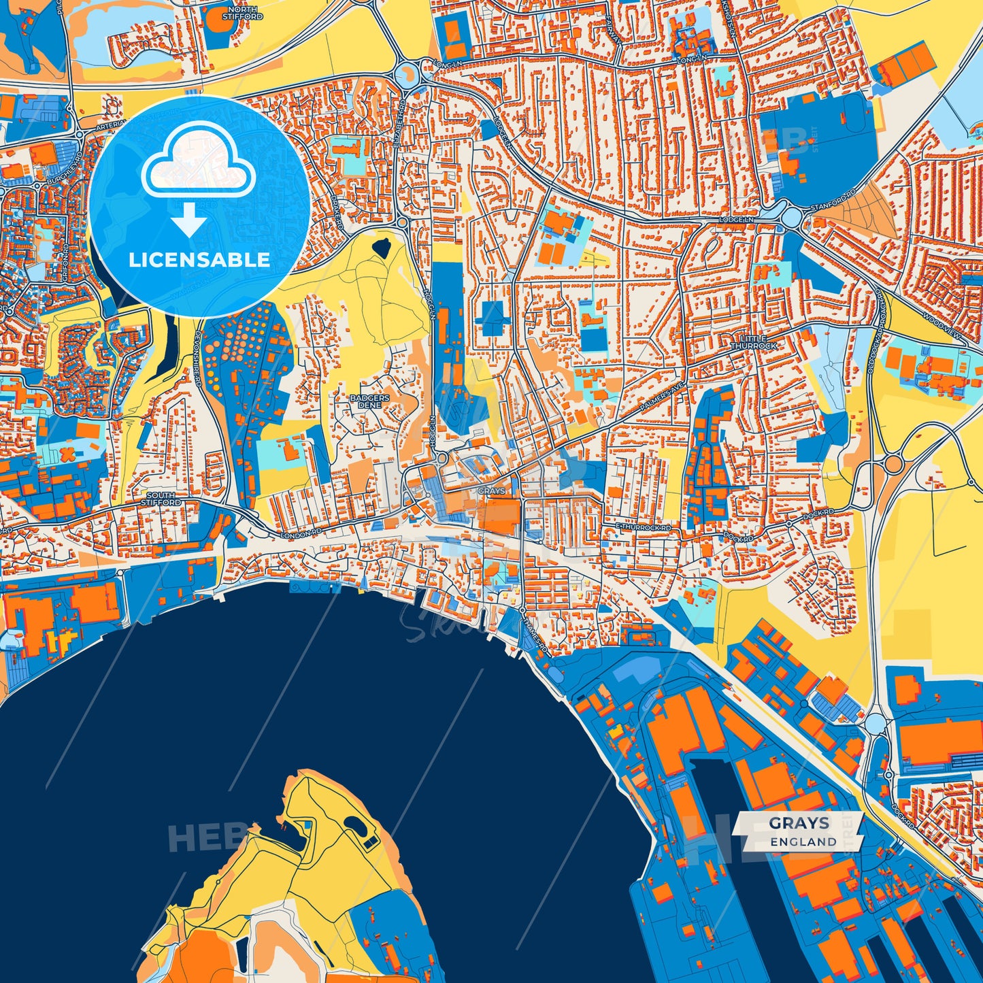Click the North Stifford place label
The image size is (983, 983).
tap(243, 13)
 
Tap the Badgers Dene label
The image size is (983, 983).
tap(369, 401)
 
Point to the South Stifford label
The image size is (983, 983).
tap(161, 499)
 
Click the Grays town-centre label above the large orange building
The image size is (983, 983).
tap(491, 490)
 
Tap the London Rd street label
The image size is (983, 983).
tap(300, 534)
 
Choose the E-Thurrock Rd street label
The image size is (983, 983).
tap(643, 528)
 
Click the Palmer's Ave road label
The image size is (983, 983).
tap(661, 398)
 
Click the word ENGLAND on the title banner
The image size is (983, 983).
tap(803, 842)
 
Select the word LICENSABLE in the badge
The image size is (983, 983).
tap(199, 260)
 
